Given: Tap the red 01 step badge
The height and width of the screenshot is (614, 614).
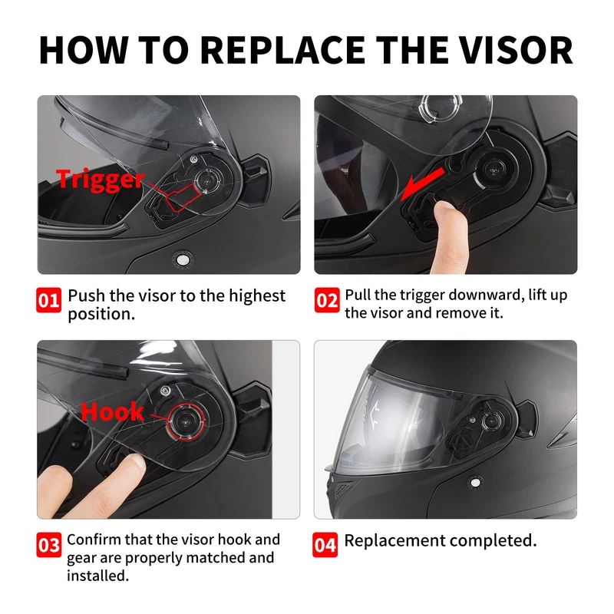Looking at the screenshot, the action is click(48, 300).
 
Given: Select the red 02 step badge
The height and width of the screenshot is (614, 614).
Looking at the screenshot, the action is click(327, 300).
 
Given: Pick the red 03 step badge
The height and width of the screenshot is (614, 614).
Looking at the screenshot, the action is click(48, 545).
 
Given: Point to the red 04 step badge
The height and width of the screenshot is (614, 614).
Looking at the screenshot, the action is click(325, 545).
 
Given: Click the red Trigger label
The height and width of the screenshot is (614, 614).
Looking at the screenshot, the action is click(101, 180).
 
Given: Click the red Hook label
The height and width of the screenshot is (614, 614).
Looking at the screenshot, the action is click(112, 412).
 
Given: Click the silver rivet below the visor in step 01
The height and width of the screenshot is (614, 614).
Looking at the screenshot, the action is click(182, 259).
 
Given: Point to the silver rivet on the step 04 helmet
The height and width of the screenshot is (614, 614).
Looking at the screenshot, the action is click(475, 483).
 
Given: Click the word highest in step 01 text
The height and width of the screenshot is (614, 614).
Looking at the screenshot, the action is click(257, 295).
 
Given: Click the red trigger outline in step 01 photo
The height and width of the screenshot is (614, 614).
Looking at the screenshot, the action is click(183, 197).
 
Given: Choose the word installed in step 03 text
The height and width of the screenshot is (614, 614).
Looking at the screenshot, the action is click(97, 576).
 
